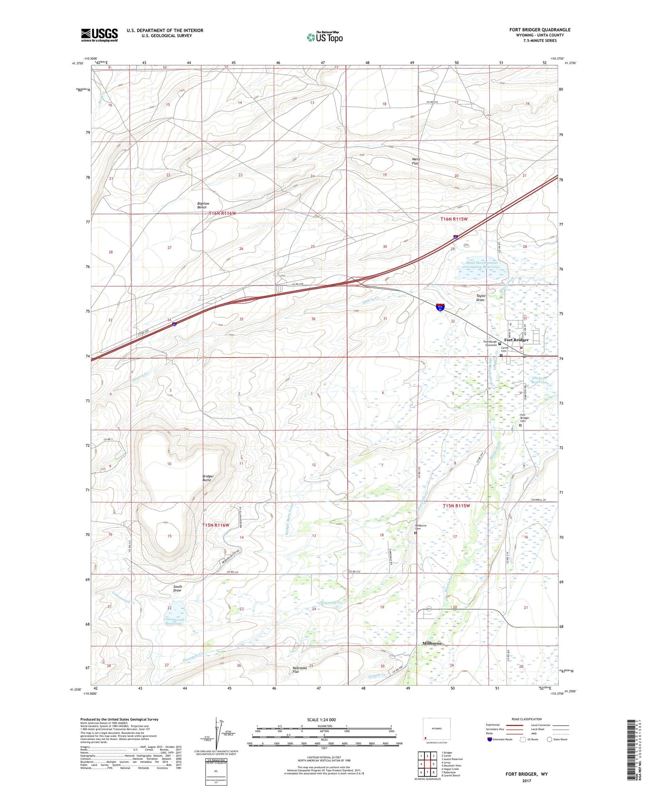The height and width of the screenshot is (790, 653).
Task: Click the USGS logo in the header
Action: pyautogui.click(x=99, y=35)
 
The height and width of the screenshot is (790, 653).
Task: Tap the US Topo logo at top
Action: pyautogui.click(x=324, y=37)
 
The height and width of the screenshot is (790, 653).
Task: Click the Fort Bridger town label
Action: pyautogui.click(x=516, y=340)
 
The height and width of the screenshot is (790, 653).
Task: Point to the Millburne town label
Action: pyautogui.click(x=432, y=643)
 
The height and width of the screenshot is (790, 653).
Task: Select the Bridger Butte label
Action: pyautogui.click(x=208, y=478)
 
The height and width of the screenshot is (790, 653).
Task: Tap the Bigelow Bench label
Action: pyautogui.click(x=202, y=205)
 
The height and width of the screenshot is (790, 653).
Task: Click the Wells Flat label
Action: pyautogui.click(x=416, y=161)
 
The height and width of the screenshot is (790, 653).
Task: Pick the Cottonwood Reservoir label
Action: pyautogui.click(x=174, y=621)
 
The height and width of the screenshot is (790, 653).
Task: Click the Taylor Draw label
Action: pyautogui.click(x=480, y=298)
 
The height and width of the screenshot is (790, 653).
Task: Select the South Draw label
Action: pyautogui.click(x=177, y=588)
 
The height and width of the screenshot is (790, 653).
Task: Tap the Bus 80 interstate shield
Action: pyautogui.click(x=441, y=308)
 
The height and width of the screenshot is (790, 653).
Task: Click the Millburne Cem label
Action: pyautogui.click(x=421, y=527)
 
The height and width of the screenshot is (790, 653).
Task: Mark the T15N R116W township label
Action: pyautogui.click(x=215, y=525)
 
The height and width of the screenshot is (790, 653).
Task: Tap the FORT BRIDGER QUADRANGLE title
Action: pyautogui.click(x=540, y=30)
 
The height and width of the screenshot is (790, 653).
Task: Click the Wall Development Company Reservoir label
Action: pyautogui.click(x=482, y=265)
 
